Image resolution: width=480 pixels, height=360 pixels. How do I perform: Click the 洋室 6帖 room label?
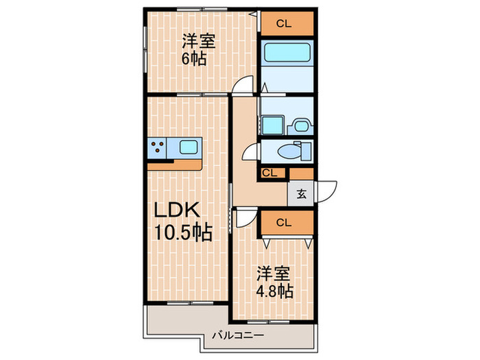pos(198,49)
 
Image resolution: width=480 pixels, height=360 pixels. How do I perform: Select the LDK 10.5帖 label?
pos(180,221)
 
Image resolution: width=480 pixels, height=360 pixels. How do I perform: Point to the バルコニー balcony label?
pos(237,336)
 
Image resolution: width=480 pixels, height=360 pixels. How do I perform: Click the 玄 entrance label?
pos(301,193)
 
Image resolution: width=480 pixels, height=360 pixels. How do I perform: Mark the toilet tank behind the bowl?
pos(306,149)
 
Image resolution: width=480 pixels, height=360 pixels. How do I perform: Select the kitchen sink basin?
pos(187,147)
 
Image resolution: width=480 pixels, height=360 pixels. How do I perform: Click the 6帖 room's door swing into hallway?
pos(241,86)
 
